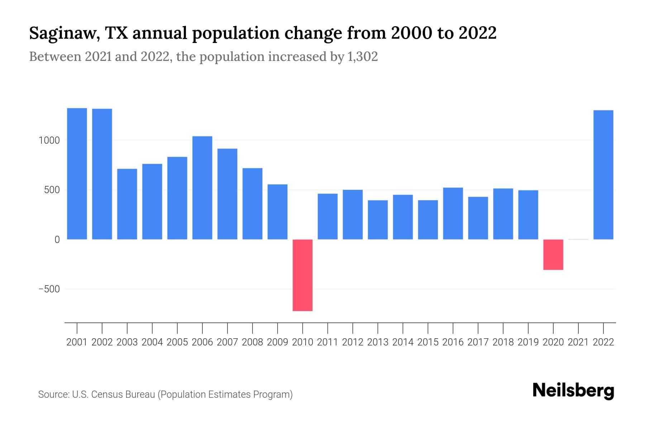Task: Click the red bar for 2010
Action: [x=302, y=275]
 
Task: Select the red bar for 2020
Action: [x=553, y=254]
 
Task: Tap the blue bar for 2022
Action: [x=603, y=175]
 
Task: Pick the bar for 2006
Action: [x=202, y=188]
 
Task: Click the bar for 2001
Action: [x=77, y=174]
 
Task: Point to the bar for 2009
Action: [x=277, y=212]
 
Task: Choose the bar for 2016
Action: [x=453, y=214]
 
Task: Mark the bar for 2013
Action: [x=378, y=220]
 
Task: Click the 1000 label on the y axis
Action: [x=49, y=140]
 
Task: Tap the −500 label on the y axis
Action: [x=49, y=289]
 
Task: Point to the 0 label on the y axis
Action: [x=57, y=240]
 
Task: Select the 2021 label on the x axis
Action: [x=578, y=342]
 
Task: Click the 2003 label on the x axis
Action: [x=127, y=342]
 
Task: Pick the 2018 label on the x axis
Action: [x=503, y=342]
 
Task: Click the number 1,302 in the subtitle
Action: [x=362, y=57]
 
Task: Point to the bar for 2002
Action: [x=102, y=174]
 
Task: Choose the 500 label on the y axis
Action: [x=52, y=190]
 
